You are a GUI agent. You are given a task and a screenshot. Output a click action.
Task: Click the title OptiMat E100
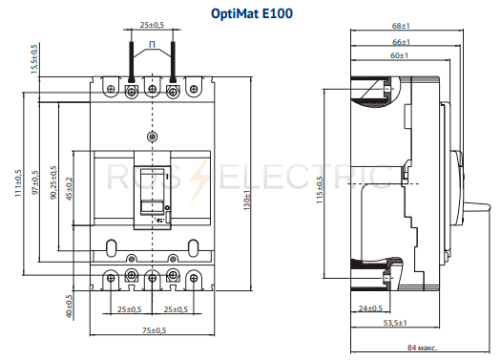[x=252, y=13]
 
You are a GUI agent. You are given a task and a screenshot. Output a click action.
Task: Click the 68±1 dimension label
[x=401, y=26]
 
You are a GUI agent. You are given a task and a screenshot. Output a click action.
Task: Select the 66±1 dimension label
[x=402, y=42]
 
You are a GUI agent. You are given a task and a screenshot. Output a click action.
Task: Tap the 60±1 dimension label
[x=400, y=55]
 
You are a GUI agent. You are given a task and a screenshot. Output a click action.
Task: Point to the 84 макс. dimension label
[x=422, y=348]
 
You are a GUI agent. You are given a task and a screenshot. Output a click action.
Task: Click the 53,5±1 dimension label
[x=395, y=323]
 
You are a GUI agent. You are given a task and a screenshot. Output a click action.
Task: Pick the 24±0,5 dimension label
[x=370, y=308]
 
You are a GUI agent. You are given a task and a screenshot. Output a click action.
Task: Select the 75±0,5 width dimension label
[x=154, y=330]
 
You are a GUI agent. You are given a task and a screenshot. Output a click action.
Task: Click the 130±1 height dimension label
[x=247, y=201]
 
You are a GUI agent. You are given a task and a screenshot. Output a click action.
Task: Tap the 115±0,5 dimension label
[x=320, y=190]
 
